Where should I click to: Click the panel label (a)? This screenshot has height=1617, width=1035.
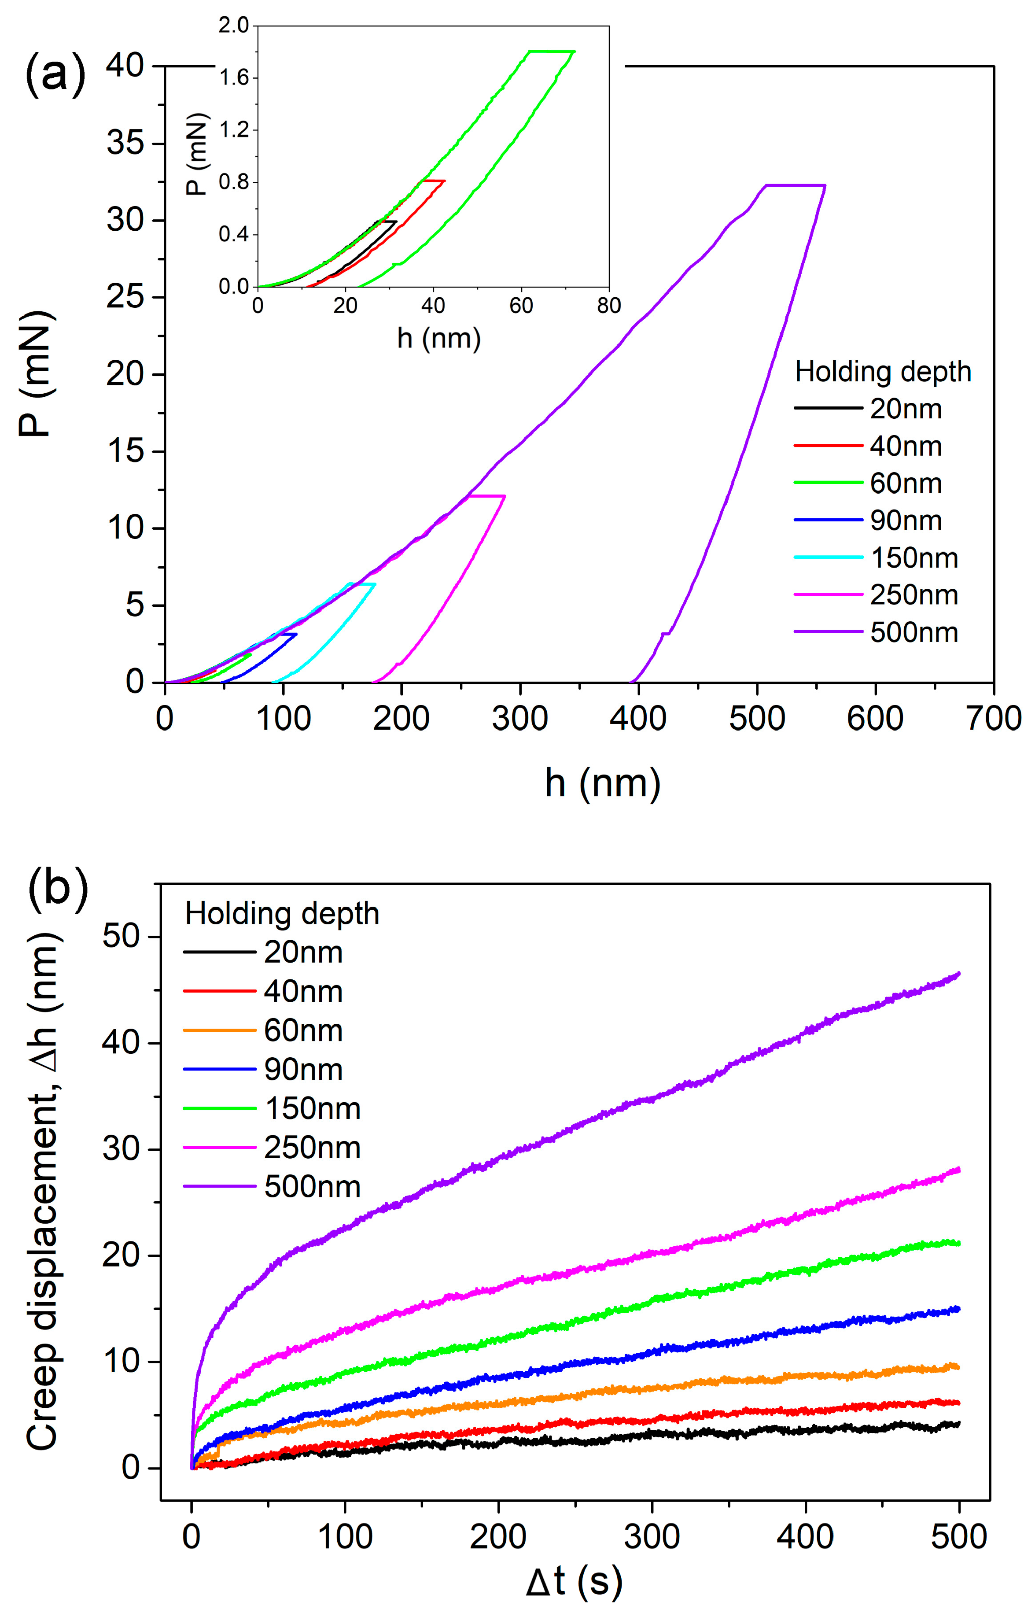coord(56,74)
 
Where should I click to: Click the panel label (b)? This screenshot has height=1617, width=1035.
coord(59,889)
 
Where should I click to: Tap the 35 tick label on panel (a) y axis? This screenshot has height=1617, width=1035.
coord(125,143)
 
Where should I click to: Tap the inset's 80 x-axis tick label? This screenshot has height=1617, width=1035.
coord(608,306)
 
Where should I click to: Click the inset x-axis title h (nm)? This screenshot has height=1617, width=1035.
coord(439,338)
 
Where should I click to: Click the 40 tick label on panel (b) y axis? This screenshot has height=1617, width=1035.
coord(122,1042)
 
